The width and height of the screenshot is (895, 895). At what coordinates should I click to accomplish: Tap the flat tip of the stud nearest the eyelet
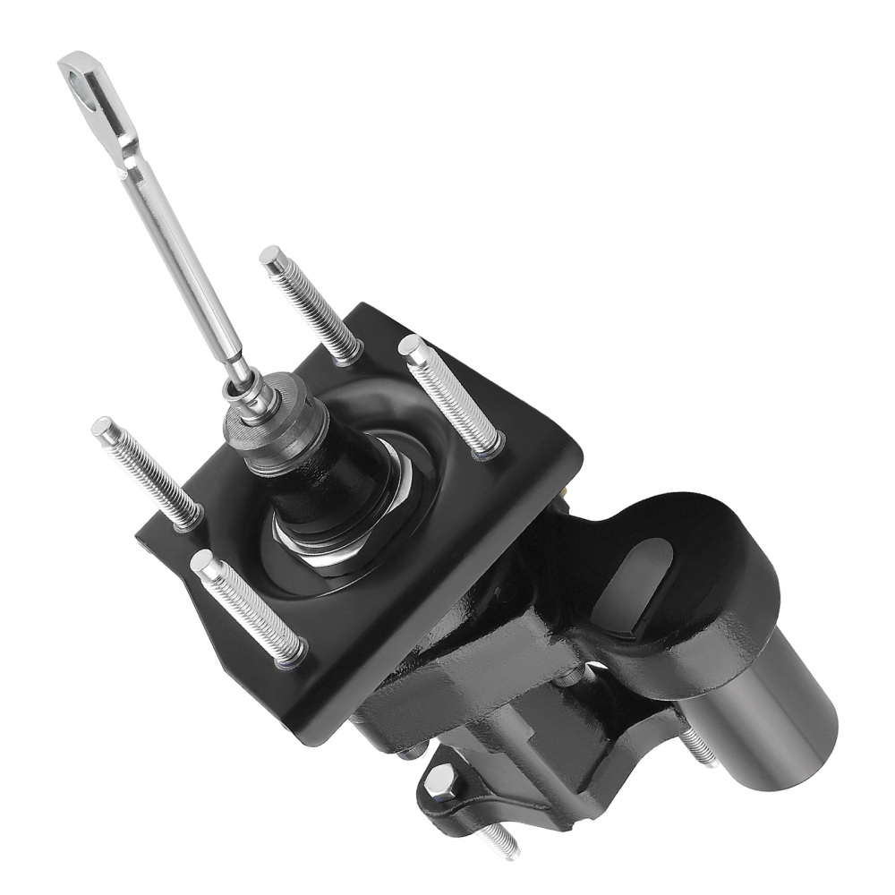(x=270, y=256)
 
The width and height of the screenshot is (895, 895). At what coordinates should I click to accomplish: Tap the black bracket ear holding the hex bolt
(x=465, y=797)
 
